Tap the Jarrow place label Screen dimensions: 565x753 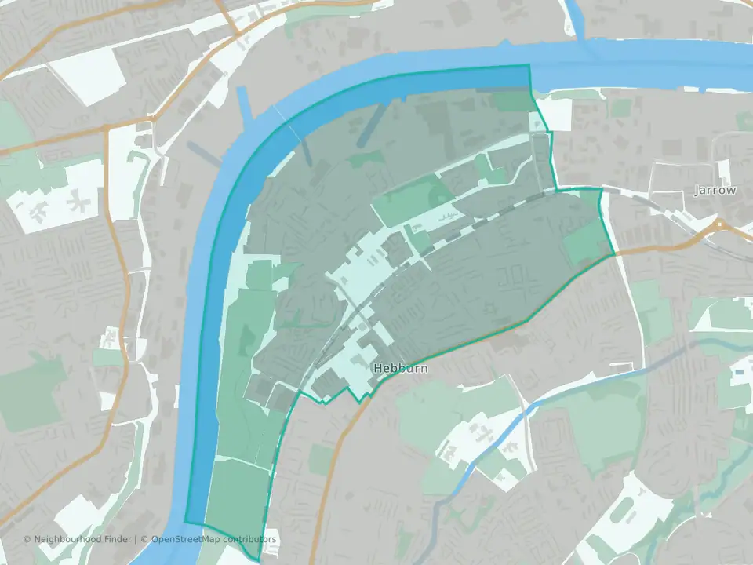pyautogui.click(x=715, y=190)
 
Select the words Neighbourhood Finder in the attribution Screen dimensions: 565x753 pyautogui.click(x=82, y=539)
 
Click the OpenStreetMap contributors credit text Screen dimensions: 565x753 pyautogui.click(x=213, y=539)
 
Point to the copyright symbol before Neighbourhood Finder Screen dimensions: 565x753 pyautogui.click(x=27, y=539)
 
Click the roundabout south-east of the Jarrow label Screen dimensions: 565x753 pyautogui.click(x=718, y=227)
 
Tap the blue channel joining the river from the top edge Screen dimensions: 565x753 pyautogui.click(x=578, y=20)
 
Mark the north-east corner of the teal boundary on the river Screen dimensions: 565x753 pyautogui.click(x=529, y=67)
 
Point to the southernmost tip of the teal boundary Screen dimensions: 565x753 pyautogui.click(x=258, y=560)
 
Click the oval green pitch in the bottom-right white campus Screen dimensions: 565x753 pyautogui.click(x=624, y=511)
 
